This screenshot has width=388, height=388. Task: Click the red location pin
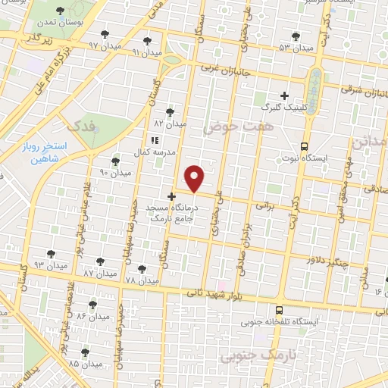[195, 178]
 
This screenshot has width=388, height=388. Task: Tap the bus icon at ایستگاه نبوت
[305, 146]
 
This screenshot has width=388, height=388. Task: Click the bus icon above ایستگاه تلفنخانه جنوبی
[280, 310]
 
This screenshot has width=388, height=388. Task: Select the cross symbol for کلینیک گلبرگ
[285, 95]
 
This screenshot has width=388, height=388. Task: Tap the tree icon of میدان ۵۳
[304, 38]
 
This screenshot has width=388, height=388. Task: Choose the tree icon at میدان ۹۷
[105, 34]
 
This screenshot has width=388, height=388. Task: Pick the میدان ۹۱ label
[146, 52]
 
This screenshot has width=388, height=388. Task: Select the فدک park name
[81, 124]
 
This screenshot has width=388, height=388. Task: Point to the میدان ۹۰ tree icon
[115, 161]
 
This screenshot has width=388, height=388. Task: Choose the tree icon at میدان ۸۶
[93, 305]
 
